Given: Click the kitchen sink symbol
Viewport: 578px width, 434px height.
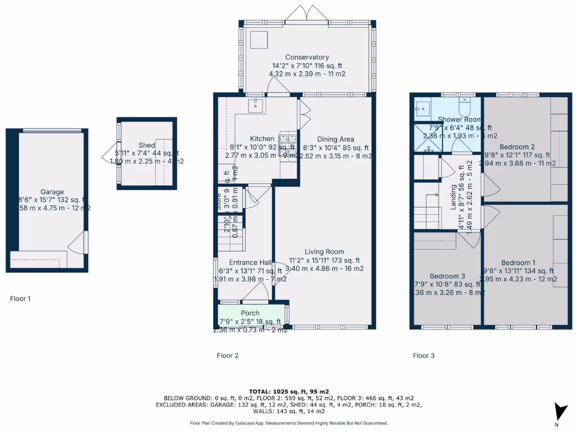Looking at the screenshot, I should (257, 105).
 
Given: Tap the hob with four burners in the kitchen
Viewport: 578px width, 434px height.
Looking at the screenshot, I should (287, 140).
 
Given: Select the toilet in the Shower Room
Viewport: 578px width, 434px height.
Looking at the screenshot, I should (465, 106).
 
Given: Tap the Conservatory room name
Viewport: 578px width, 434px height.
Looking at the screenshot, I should (306, 57).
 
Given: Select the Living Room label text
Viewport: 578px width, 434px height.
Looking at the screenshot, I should (324, 252).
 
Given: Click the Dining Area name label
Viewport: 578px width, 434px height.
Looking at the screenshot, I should (335, 140).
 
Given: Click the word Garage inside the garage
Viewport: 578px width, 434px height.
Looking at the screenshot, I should (52, 192).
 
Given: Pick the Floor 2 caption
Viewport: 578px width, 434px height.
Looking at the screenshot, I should (227, 355).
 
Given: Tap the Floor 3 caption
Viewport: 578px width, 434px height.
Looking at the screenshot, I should (424, 355).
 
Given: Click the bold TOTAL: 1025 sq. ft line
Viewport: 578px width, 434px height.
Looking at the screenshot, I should (288, 391).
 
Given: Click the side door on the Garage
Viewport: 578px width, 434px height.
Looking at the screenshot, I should (78, 243).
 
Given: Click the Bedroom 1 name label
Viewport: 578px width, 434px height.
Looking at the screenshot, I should (519, 263).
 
